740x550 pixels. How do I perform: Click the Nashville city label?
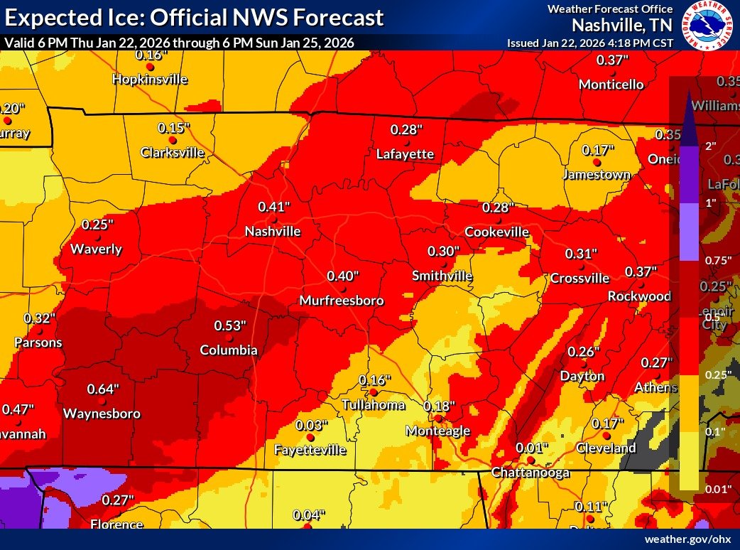click(273, 232)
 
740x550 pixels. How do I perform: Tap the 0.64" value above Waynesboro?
click(103, 389)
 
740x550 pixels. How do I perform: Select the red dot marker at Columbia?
click(229, 338)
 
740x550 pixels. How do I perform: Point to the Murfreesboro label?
click(341, 301)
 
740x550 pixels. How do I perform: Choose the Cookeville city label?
click(496, 232)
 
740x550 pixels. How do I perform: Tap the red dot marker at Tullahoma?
click(374, 392)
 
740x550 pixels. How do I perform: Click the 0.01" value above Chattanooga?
click(532, 448)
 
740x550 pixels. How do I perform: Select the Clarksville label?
click(172, 152)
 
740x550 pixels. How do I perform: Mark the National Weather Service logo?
click(707, 26)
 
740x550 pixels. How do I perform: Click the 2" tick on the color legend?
click(709, 145)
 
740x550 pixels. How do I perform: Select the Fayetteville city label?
click(310, 450)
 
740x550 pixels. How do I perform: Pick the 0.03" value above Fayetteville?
click(312, 425)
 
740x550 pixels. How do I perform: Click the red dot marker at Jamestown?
click(597, 162)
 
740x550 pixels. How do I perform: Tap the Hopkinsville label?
click(150, 79)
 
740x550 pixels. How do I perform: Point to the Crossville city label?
click(580, 278)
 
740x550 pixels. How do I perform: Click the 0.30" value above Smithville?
click(444, 251)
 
